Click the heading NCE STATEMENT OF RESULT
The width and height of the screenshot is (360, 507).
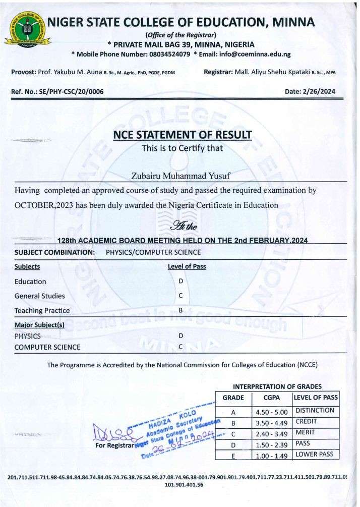(183, 135)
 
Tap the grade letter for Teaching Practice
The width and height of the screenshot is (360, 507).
(181, 310)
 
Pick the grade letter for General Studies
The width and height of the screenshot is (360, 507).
(181, 296)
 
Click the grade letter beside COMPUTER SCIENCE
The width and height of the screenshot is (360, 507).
(181, 347)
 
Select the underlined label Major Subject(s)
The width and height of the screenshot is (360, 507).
(39, 325)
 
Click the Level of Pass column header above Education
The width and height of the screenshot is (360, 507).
(187, 266)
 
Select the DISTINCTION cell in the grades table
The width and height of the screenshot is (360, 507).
(315, 411)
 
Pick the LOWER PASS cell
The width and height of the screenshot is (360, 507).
(315, 454)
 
